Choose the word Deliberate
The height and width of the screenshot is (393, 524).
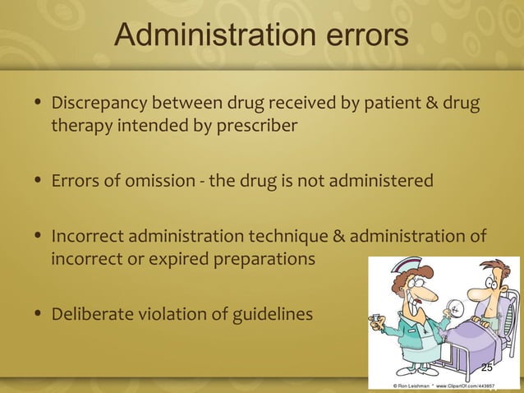[87, 313]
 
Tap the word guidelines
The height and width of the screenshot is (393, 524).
[272, 313]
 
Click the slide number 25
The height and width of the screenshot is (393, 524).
[487, 368]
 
